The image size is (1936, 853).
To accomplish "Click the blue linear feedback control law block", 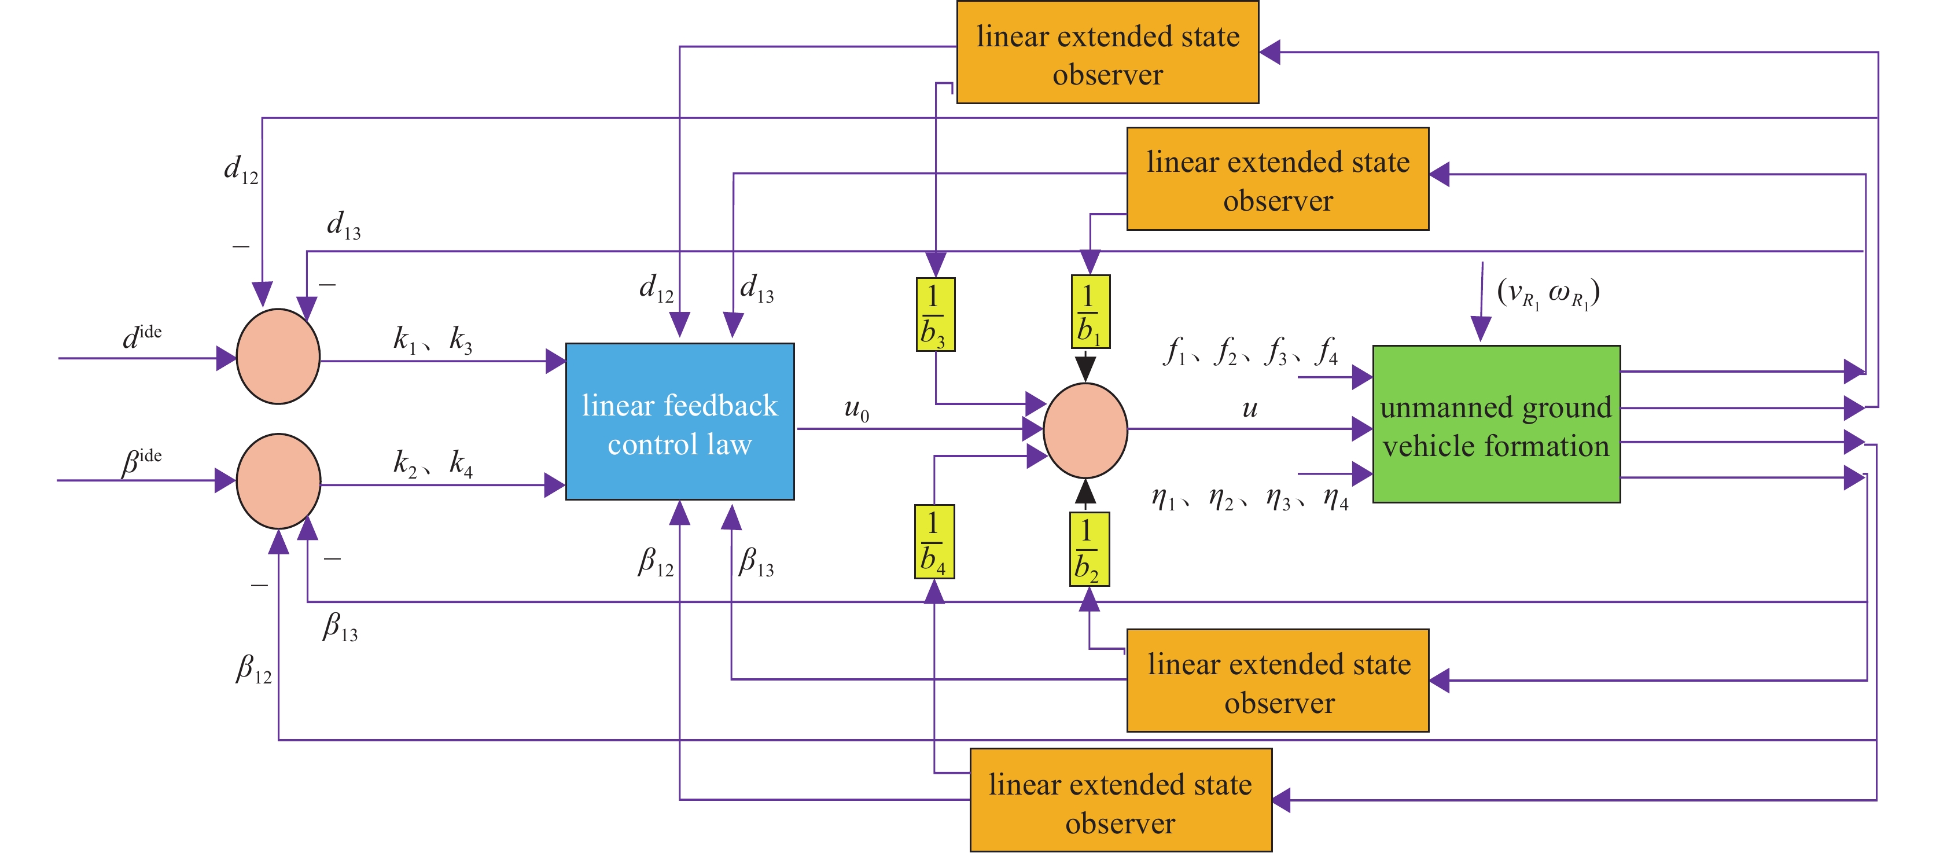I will click(x=679, y=422).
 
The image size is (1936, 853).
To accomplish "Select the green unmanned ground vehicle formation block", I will click(x=1496, y=425).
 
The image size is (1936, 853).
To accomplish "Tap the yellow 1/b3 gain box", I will click(x=935, y=315).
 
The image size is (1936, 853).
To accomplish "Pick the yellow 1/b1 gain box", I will click(x=1090, y=312).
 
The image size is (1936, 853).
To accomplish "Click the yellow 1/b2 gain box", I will click(x=1088, y=549).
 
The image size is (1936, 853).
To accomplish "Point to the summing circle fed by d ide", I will click(x=278, y=356).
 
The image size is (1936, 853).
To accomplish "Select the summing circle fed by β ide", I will click(x=278, y=481).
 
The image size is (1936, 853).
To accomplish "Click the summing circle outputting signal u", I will click(x=1085, y=431).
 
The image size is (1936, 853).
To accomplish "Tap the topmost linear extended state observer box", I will click(x=1107, y=53).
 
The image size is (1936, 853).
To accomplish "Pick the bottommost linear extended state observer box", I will click(x=1121, y=800).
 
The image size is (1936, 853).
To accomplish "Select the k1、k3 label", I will click(x=433, y=340).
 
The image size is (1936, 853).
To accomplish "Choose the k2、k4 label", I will click(x=433, y=464).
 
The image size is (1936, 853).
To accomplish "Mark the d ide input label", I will click(x=142, y=337).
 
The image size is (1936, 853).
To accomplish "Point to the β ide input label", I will click(x=142, y=461).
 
